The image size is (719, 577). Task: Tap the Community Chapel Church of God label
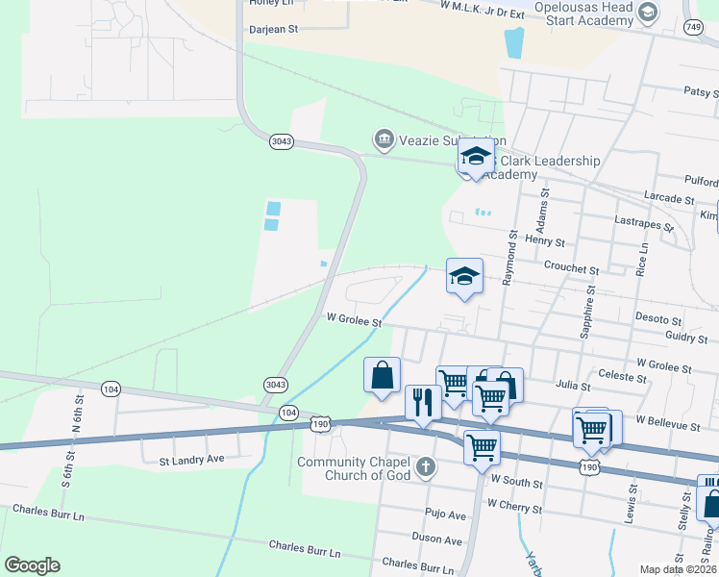pos(355,468)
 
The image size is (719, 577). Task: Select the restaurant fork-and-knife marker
pos(423,402)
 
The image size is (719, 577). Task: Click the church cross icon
pos(426,468)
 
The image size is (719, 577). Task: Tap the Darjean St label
pos(274,30)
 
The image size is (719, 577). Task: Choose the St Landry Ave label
pos(191,460)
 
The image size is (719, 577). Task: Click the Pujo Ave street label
pos(446,515)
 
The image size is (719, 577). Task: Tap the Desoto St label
pos(657,319)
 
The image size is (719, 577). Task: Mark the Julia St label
pos(572,384)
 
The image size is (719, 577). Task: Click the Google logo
pos(32,565)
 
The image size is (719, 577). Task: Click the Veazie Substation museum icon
pos(384,140)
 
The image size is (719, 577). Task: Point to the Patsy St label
pos(702,92)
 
